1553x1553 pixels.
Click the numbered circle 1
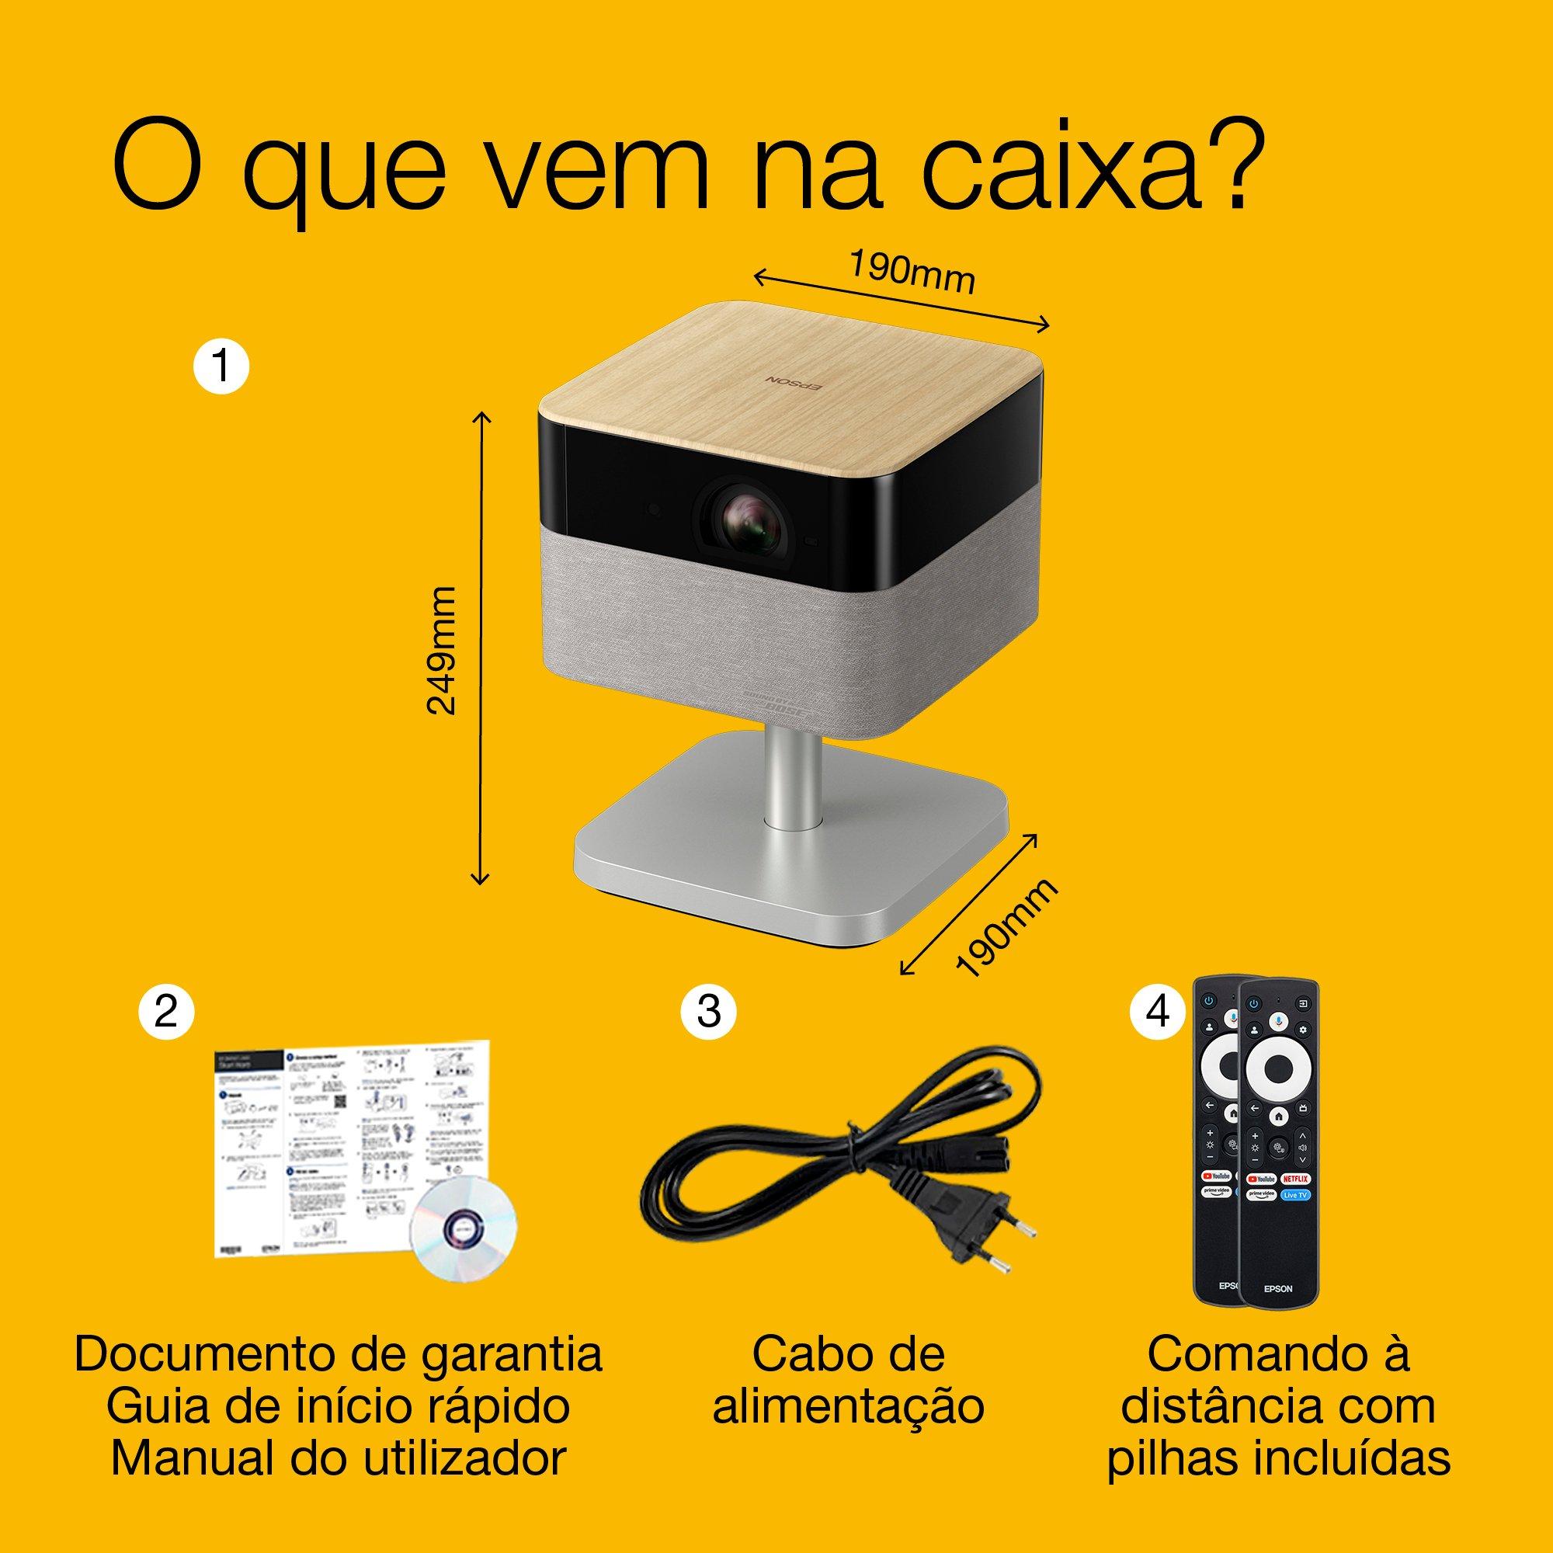click(x=221, y=368)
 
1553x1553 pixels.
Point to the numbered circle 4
click(x=1158, y=1012)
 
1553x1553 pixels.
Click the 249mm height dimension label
click(x=442, y=650)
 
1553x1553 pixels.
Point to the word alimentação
click(x=848, y=1407)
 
